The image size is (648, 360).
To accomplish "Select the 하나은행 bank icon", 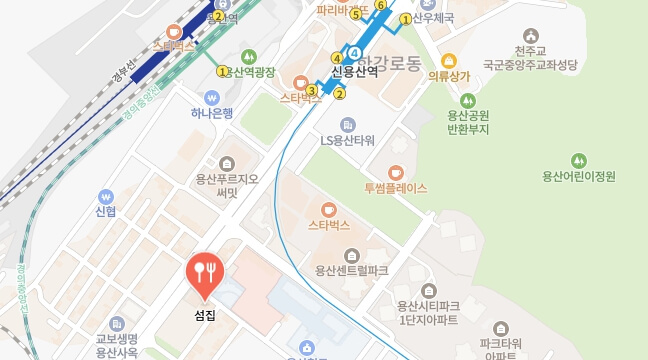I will pos(212,97).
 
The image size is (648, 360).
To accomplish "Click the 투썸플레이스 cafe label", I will pos(396,188).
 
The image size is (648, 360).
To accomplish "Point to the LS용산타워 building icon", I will pos(347,124).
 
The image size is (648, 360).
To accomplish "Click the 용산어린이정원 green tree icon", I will pos(578,161).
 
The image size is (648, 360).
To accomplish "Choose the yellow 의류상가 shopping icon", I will pos(448,60).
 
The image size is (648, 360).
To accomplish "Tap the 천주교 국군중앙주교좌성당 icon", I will pos(530,35).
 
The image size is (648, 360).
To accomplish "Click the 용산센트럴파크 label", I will pos(351,270).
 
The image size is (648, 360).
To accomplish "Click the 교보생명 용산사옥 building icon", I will pos(117,323).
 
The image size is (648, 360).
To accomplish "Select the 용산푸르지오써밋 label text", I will pos(228,186).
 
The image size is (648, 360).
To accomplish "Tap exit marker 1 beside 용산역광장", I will pos(223,71).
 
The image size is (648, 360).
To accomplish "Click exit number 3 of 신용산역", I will pos(313,91).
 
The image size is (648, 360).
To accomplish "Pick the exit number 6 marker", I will pos(380,5).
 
